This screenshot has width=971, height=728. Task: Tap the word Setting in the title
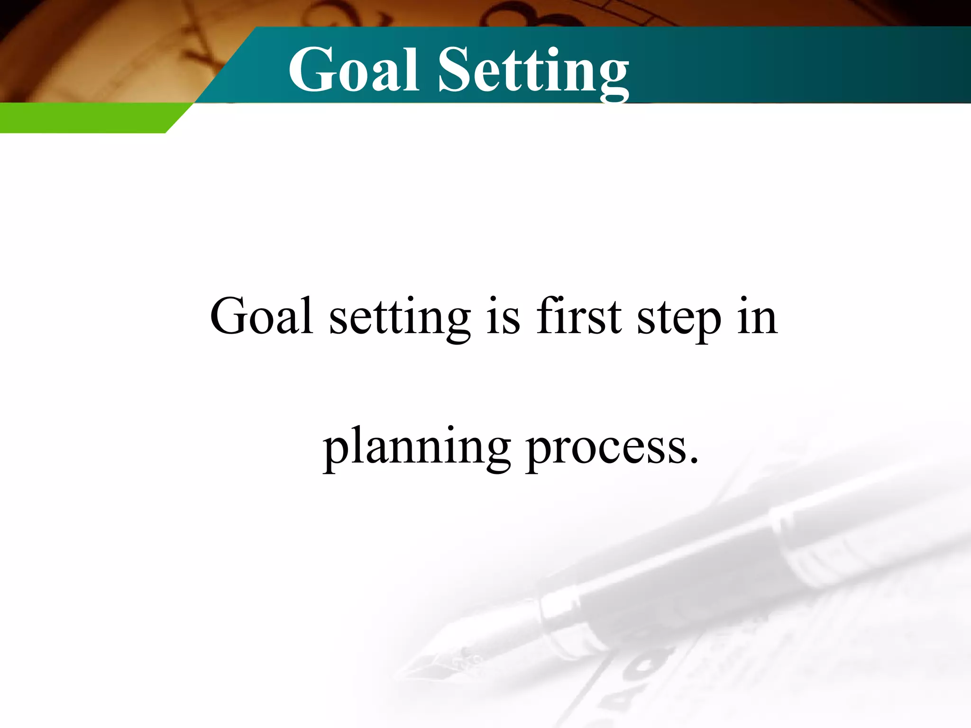533,71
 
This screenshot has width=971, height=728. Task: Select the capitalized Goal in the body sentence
261,316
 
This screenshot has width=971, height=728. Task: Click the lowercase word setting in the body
400,318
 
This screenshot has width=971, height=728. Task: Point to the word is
503,317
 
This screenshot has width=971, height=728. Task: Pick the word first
578,316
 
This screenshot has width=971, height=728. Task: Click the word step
679,318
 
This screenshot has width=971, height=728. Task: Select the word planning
417,448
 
